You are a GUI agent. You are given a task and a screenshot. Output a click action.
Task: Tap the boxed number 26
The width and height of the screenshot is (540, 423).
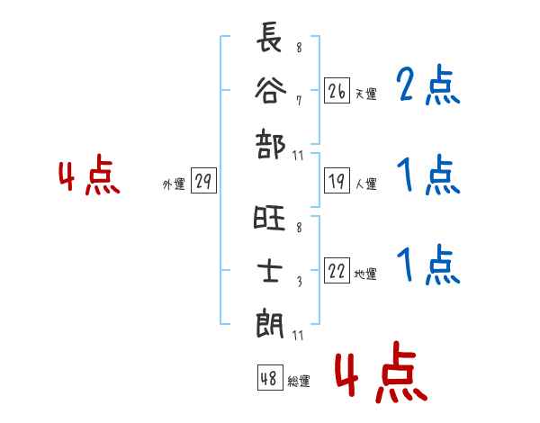point(337,92)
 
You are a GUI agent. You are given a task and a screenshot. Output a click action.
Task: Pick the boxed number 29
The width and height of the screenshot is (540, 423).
point(202,182)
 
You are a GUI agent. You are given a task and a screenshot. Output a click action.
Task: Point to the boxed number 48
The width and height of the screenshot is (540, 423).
point(269,378)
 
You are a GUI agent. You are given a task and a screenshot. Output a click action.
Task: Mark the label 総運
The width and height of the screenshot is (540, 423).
point(298,382)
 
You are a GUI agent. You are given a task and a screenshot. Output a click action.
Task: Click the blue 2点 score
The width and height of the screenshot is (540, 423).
point(428,86)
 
